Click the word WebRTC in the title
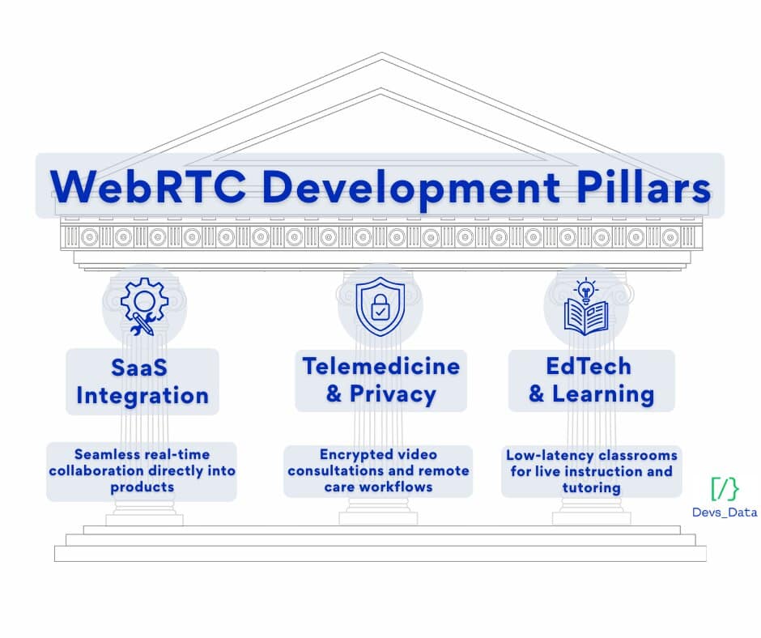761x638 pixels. pyautogui.click(x=148, y=187)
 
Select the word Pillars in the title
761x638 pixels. pyautogui.click(x=644, y=187)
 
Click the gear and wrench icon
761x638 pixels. pyautogui.click(x=144, y=306)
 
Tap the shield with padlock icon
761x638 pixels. pyautogui.click(x=380, y=306)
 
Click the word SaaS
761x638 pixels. pyautogui.click(x=139, y=368)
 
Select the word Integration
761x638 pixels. pyautogui.click(x=142, y=396)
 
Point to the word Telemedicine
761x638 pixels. pyautogui.click(x=381, y=366)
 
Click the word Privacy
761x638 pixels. pyautogui.click(x=393, y=394)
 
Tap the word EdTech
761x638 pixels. pyautogui.click(x=589, y=366)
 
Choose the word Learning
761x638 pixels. pyautogui.click(x=603, y=394)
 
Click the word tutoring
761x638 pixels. pyautogui.click(x=592, y=488)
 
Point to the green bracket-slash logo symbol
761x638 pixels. pyautogui.click(x=725, y=489)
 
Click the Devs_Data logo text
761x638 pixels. pyautogui.click(x=725, y=513)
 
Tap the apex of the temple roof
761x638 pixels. pyautogui.click(x=381, y=53)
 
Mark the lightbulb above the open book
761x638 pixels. pyautogui.click(x=586, y=289)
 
